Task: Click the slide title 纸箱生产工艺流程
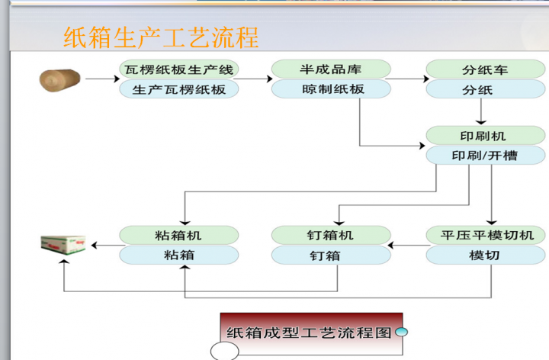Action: [161, 37]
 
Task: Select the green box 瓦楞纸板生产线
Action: [179, 69]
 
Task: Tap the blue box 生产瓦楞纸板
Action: [179, 89]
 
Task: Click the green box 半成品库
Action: [332, 69]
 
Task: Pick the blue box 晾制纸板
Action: [332, 89]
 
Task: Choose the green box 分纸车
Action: [485, 69]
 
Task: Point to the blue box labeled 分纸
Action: [485, 89]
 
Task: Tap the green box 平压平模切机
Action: [485, 235]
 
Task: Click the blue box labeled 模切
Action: [485, 255]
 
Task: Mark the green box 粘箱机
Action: [179, 235]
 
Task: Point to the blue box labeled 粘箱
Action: [179, 255]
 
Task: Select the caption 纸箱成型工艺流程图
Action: [309, 333]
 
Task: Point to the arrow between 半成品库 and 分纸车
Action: [406, 79]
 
